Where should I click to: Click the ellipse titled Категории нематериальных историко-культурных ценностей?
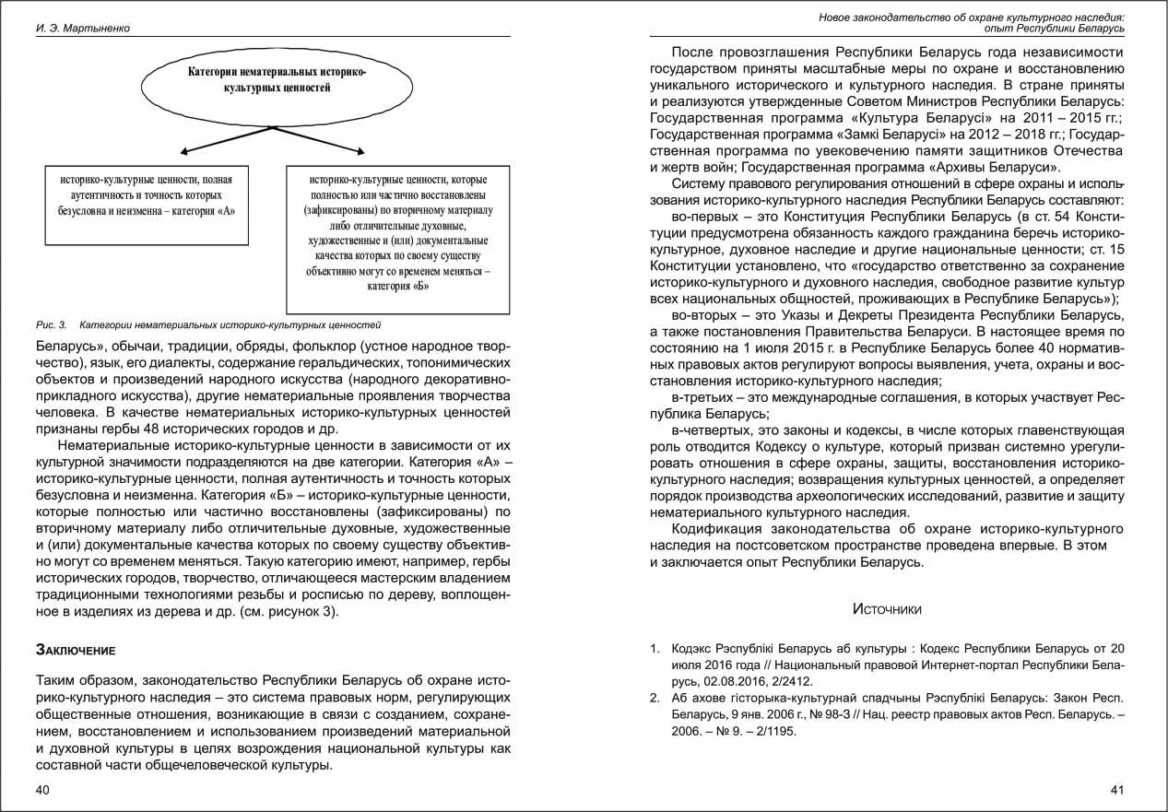[x=277, y=80]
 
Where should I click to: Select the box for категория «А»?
[x=147, y=205]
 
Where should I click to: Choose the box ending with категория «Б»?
[x=397, y=240]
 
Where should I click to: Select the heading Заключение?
[x=75, y=650]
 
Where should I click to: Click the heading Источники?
[x=887, y=609]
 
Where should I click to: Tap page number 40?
[x=43, y=790]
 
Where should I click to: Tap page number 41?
[x=1117, y=790]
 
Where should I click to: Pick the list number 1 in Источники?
[x=655, y=648]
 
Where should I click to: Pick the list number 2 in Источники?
[x=655, y=698]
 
